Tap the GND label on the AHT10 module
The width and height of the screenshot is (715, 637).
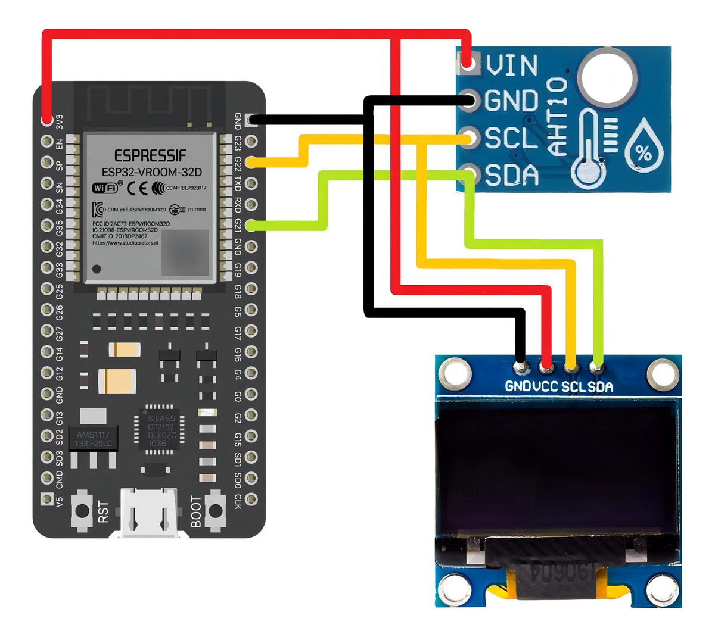[511, 101]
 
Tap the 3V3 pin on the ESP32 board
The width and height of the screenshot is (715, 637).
[46, 121]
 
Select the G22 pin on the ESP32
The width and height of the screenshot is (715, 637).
[251, 162]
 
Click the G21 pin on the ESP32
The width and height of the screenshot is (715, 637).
[251, 226]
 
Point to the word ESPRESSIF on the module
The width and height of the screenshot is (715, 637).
[150, 156]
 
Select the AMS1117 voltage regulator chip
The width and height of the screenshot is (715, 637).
[92, 439]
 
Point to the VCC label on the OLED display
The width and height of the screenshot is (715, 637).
[546, 386]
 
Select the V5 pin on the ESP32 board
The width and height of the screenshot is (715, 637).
[46, 499]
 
